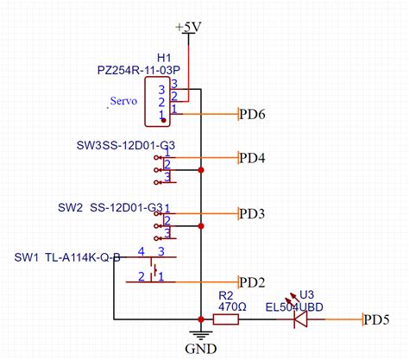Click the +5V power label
[187, 26]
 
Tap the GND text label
[199, 349]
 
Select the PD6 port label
[252, 114]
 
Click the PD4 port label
[252, 158]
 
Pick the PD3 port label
[252, 213]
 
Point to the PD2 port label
[252, 281]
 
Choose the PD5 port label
[375, 320]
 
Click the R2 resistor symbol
[225, 320]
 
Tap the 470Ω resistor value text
[233, 306]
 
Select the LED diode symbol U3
[301, 319]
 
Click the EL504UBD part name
[295, 306]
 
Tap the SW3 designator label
[88, 144]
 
